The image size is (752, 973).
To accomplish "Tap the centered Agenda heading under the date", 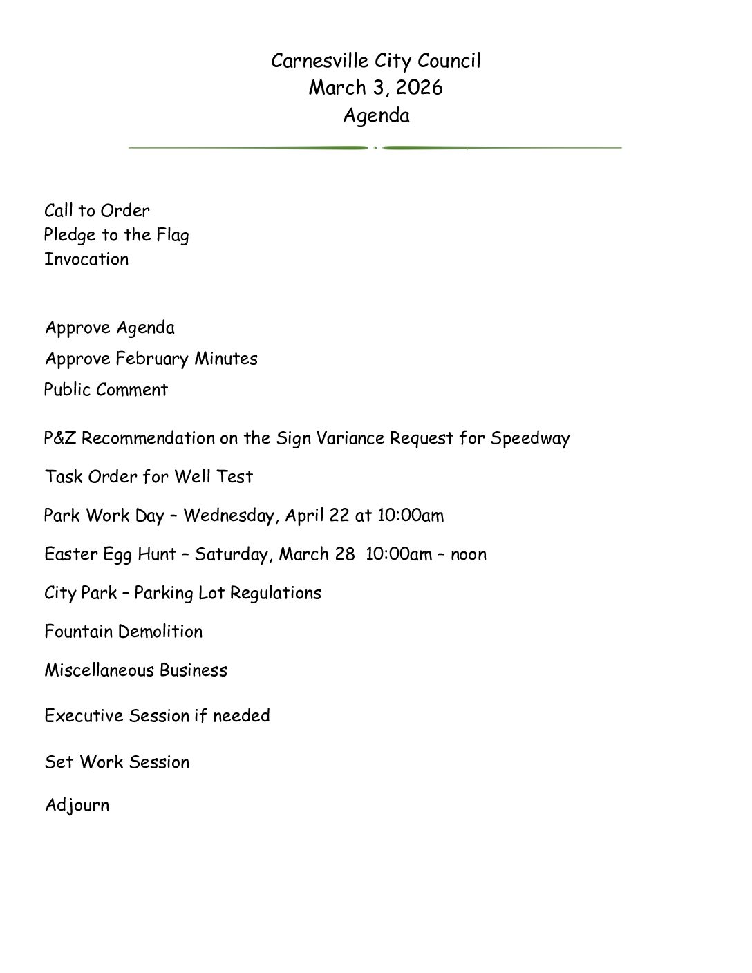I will [x=376, y=115].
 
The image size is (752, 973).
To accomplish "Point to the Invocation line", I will [x=86, y=260].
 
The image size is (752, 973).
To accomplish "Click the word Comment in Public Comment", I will [x=136, y=390].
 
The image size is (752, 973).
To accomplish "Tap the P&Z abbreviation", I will [x=60, y=438].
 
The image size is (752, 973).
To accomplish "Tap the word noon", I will [x=469, y=554].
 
